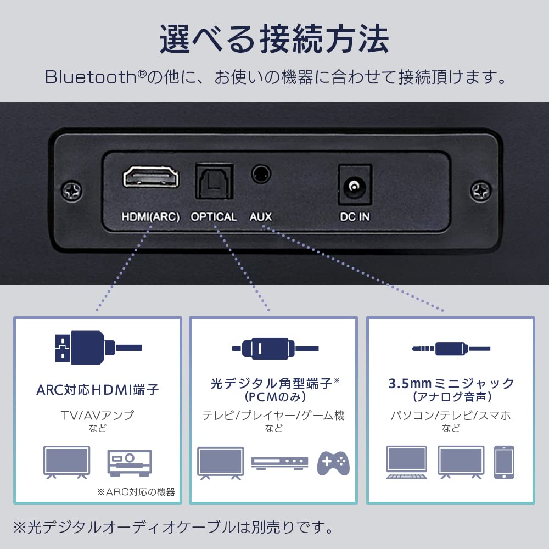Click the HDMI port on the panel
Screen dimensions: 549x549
point(150,178)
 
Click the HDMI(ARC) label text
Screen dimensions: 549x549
point(150,217)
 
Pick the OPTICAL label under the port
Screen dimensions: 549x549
point(214,217)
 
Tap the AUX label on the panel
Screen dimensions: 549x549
point(261,217)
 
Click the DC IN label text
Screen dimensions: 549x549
point(354,217)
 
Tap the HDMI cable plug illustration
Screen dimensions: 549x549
point(82,347)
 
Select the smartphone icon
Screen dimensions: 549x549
point(503,462)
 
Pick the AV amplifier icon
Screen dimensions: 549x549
point(129,462)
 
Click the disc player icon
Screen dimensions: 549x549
point(279,462)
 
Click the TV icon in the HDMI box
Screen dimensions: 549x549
point(66,462)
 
